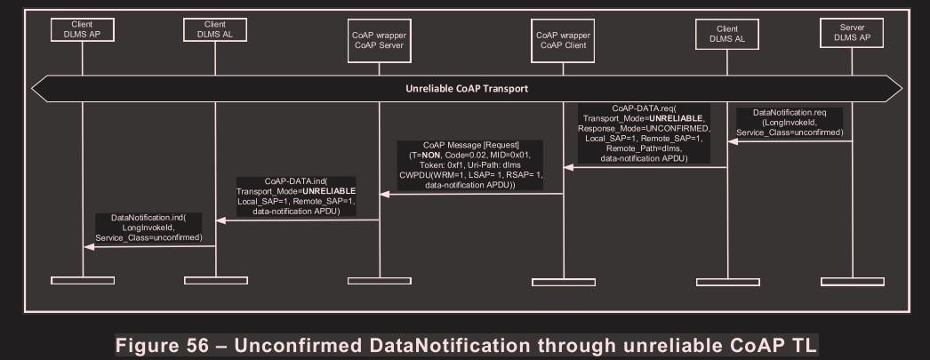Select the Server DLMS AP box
[x=851, y=33]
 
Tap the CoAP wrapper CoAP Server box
[x=380, y=41]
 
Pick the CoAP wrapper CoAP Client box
[x=564, y=41]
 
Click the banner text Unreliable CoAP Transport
[x=467, y=88]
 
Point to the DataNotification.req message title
[x=790, y=113]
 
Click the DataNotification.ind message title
[x=148, y=218]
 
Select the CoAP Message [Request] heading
[x=472, y=145]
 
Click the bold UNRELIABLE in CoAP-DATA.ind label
[x=327, y=192]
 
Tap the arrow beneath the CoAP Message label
[x=471, y=193]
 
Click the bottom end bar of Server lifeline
[x=851, y=281]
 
